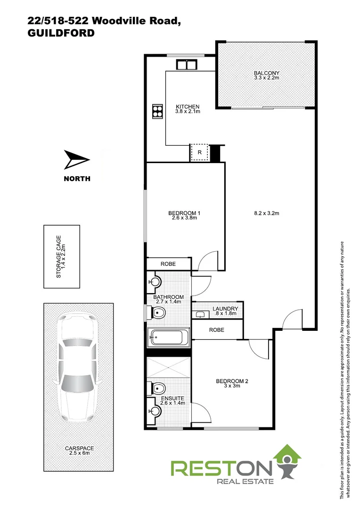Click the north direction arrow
click(x=76, y=160)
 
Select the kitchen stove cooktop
click(x=156, y=111)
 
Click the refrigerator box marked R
click(x=199, y=152)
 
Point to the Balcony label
click(x=267, y=75)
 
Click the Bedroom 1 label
click(x=185, y=215)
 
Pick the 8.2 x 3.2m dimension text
click(x=267, y=213)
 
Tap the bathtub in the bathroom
click(x=168, y=337)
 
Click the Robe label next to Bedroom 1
click(x=168, y=264)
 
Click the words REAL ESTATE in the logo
click(x=244, y=481)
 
